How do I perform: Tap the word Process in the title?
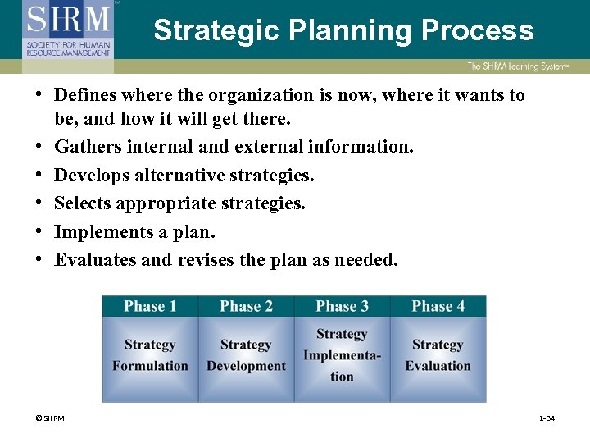[478, 30]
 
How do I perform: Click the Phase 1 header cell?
[150, 307]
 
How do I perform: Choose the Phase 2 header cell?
[246, 307]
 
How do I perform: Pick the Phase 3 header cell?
[342, 307]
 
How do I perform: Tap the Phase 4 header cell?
[438, 307]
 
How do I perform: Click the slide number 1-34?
[547, 418]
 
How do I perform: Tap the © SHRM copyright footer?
[49, 418]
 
